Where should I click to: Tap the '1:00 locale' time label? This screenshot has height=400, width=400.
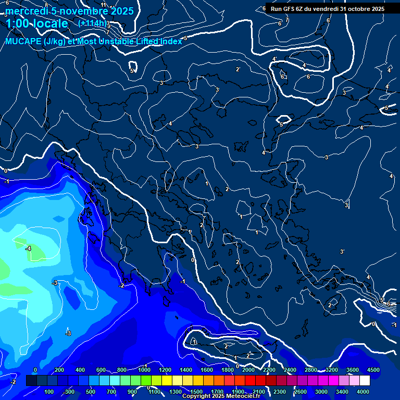coord(36,23)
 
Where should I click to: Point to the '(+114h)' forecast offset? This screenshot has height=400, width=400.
coord(93,23)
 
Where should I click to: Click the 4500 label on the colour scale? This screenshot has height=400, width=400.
coord(373,370)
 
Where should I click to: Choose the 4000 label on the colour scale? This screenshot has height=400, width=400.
coord(363,392)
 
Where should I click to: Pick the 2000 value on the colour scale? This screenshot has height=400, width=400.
coord(248,370)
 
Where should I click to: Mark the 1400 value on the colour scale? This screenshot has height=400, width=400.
coord(186,370)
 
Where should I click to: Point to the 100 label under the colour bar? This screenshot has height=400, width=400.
coord(49,392)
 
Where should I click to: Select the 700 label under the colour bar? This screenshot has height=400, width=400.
coord(111,392)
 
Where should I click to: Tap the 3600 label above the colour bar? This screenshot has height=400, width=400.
coord(353,370)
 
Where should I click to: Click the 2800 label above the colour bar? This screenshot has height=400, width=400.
coord(311,370)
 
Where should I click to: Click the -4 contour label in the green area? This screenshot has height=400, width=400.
coord(28,249)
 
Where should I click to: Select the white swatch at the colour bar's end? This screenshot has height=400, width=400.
coord(365,381)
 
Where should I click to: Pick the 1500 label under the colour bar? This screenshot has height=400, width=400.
coord(196,392)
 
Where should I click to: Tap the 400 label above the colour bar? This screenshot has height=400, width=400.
coord(80,370)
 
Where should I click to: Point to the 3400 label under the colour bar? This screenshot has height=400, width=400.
coord(342,392)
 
